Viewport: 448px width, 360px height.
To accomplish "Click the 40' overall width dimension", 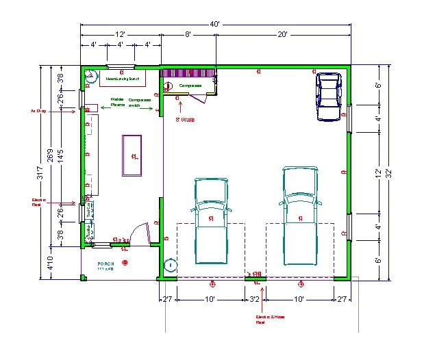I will pyautogui.click(x=215, y=24).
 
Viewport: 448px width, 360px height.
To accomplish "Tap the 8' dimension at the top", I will pyautogui.click(x=188, y=34).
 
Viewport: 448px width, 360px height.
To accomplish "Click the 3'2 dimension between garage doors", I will pyautogui.click(x=255, y=300).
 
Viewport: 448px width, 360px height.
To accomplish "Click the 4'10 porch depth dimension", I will pyautogui.click(x=49, y=263).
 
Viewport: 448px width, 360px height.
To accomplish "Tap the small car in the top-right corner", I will pyautogui.click(x=329, y=97).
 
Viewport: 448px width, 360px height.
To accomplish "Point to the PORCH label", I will pyautogui.click(x=106, y=263).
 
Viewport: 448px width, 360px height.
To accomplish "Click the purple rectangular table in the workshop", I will pyautogui.click(x=132, y=156).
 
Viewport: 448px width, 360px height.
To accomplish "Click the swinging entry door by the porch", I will pyautogui.click(x=140, y=233).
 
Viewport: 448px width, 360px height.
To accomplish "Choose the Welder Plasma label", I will pyautogui.click(x=118, y=102).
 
